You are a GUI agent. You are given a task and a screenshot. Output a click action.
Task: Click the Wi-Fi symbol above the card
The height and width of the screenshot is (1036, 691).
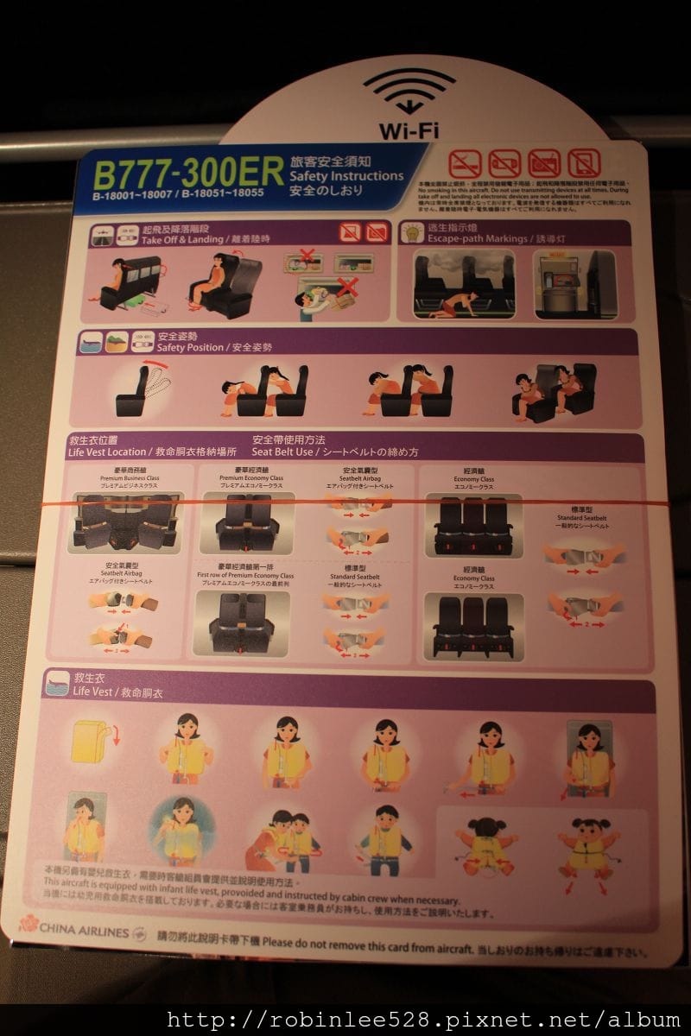tap(409, 92)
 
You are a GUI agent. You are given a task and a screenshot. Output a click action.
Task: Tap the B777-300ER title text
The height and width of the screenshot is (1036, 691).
tap(188, 174)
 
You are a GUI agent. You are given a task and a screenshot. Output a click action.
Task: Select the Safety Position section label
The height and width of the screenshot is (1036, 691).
tap(214, 347)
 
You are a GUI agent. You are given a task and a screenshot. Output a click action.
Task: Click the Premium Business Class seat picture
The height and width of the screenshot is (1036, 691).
tap(126, 522)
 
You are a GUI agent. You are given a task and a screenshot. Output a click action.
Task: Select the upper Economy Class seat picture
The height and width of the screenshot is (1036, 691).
tap(473, 524)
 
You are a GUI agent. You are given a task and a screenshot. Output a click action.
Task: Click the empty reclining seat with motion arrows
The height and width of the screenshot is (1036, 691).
tap(137, 391)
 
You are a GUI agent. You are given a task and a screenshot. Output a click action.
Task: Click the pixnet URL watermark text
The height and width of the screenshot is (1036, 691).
tap(423, 1020)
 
